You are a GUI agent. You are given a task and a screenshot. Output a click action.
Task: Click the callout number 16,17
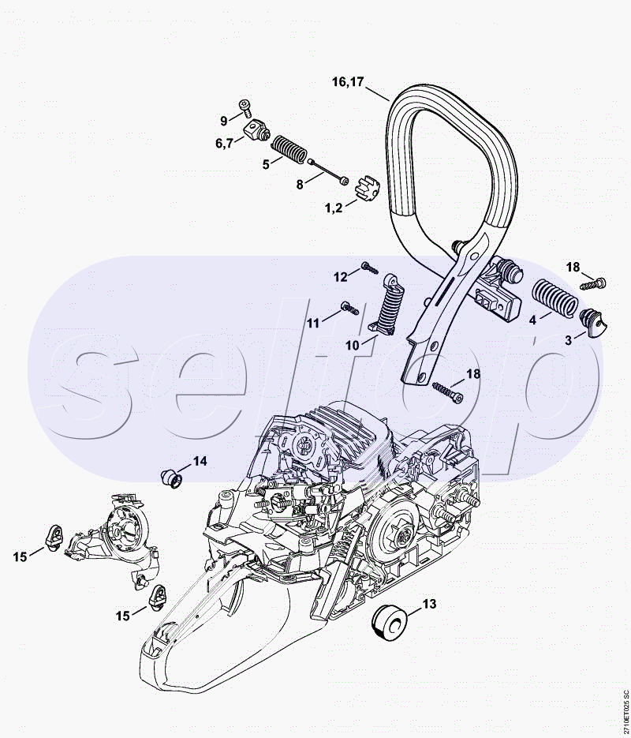click(x=348, y=82)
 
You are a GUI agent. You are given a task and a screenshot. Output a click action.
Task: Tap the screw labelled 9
click(x=245, y=108)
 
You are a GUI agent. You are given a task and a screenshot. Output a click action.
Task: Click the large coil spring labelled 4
click(x=554, y=297)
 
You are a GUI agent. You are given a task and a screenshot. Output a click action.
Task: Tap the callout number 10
click(x=352, y=346)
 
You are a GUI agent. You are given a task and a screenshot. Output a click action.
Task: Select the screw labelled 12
click(x=370, y=268)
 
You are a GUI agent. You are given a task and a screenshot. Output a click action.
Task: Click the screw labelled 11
click(x=349, y=308)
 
